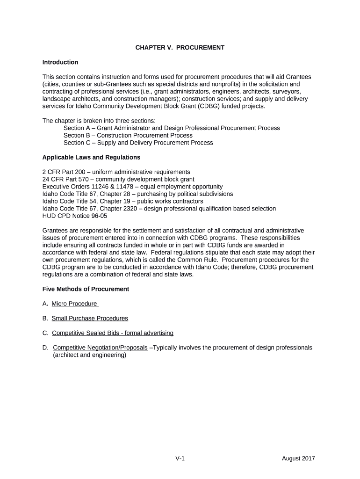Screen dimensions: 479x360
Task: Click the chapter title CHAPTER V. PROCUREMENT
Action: pos(180,47)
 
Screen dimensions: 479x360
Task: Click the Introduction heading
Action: pos(60,62)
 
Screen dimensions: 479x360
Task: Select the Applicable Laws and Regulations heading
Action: pos(91,157)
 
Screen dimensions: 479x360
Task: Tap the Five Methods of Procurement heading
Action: pos(86,289)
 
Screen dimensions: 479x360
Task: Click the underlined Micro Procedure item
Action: pos(75,304)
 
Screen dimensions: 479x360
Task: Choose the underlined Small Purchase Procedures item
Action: pos(90,318)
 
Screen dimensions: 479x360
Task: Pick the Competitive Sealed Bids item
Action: pos(113,333)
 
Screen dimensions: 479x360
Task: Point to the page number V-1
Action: pos(180,458)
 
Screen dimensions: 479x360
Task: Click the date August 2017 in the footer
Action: pos(298,458)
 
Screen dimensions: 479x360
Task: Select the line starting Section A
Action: pos(172,128)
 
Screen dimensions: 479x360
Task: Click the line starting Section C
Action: pos(138,143)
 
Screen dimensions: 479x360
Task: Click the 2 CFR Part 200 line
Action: pos(116,172)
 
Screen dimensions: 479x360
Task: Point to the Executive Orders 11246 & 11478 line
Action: pos(132,187)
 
